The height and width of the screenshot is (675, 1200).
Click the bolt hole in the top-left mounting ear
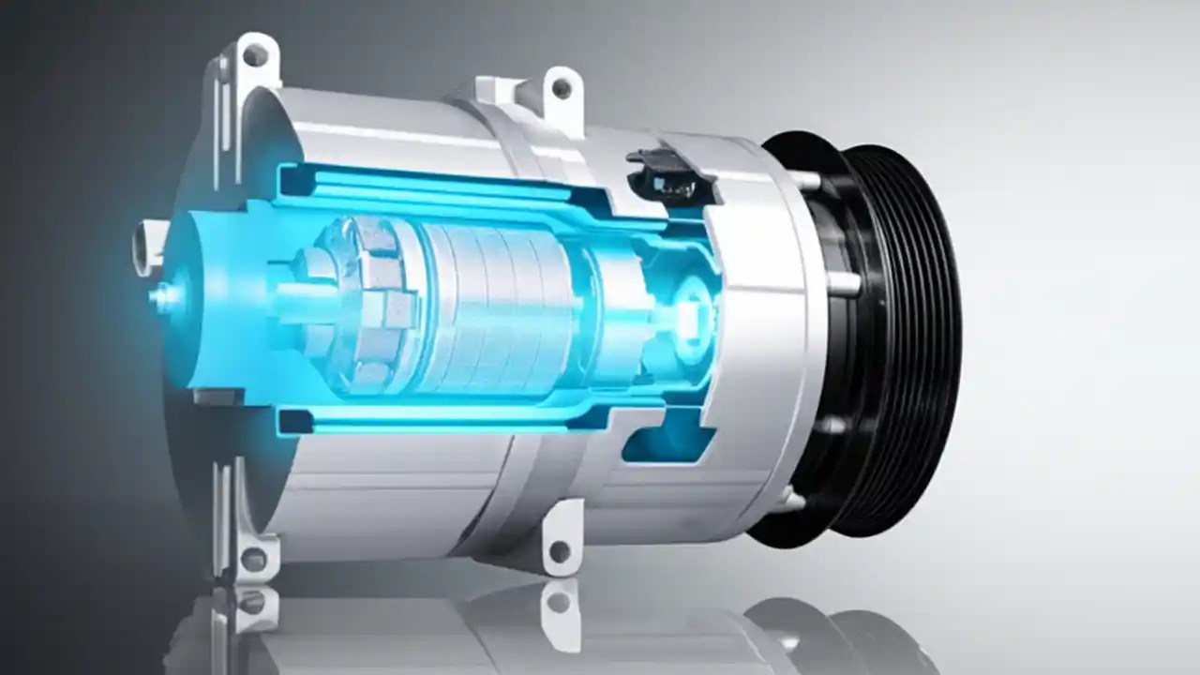(254, 55)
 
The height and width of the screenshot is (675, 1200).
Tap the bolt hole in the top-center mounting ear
(561, 88)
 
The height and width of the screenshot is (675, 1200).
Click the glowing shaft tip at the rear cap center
(165, 299)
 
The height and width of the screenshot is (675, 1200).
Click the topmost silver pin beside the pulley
(804, 179)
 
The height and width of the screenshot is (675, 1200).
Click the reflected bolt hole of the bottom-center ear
(560, 600)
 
